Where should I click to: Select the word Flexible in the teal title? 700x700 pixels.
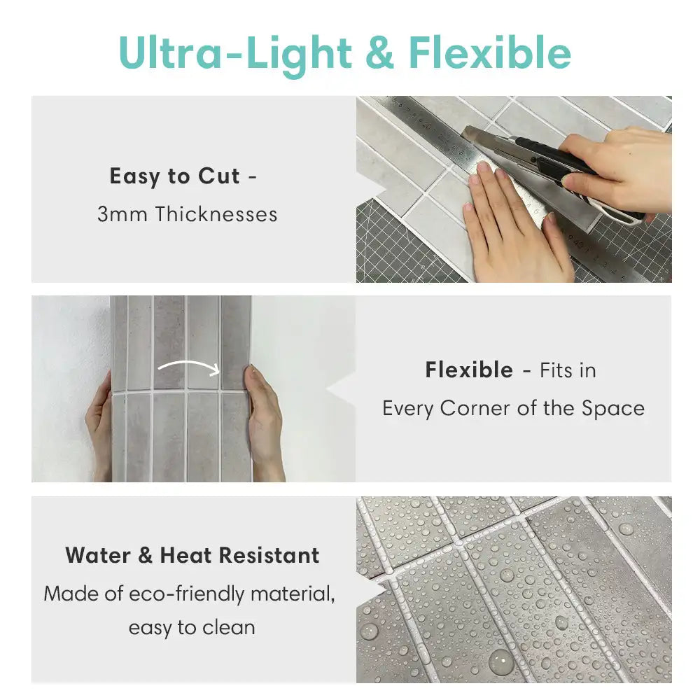[490, 52]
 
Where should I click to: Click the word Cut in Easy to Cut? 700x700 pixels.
[218, 176]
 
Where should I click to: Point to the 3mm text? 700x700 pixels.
[122, 214]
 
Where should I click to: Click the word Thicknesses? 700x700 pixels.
[216, 213]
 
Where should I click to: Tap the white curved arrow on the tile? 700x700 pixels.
[189, 367]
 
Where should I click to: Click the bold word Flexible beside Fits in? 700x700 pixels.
[469, 370]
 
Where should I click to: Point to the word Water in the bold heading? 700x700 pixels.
[98, 555]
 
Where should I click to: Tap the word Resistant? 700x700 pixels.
[269, 555]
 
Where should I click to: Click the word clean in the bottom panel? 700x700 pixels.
[229, 628]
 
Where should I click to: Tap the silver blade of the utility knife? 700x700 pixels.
[487, 139]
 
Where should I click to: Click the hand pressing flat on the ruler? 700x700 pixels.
[513, 223]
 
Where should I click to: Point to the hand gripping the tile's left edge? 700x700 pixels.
[99, 428]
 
